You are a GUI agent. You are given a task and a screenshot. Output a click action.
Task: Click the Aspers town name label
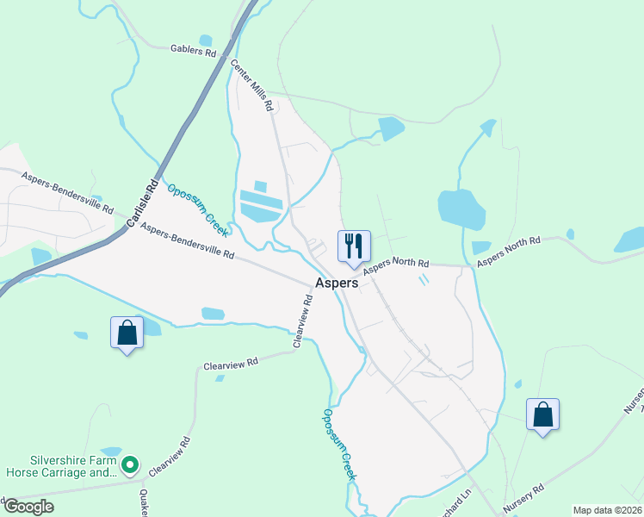click(x=337, y=283)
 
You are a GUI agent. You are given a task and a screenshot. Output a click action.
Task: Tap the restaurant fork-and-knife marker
click(x=354, y=246)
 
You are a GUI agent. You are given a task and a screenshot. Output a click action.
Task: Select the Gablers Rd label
click(x=193, y=51)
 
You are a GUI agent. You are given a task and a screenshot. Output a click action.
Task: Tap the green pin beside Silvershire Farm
click(x=130, y=466)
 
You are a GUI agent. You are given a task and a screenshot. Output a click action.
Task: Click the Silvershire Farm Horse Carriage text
click(x=60, y=466)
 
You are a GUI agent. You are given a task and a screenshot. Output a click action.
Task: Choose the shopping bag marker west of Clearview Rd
click(x=127, y=333)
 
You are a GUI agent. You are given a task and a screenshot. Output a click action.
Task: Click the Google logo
click(x=29, y=507)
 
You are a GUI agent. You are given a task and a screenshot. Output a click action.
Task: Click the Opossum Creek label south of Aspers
click(x=339, y=444)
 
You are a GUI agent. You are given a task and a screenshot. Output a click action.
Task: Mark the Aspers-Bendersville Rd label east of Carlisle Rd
click(x=188, y=242)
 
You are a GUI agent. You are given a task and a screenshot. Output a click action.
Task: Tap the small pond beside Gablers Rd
click(x=205, y=40)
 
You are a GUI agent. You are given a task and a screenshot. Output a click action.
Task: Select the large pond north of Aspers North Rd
click(x=461, y=209)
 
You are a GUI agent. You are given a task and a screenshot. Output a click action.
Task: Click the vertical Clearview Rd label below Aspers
click(x=303, y=321)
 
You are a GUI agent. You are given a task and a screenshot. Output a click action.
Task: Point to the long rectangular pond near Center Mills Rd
click(x=261, y=206)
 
